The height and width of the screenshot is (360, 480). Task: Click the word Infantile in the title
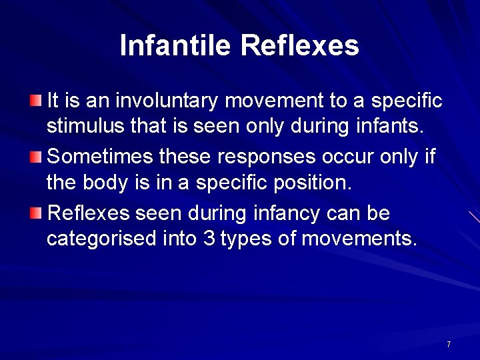pyautogui.click(x=175, y=45)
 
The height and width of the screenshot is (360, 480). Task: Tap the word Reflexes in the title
pyautogui.click(x=299, y=45)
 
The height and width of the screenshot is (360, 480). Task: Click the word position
pyautogui.click(x=311, y=181)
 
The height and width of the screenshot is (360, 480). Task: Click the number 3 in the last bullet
pyautogui.click(x=208, y=238)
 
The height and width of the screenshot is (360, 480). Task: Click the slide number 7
pyautogui.click(x=449, y=345)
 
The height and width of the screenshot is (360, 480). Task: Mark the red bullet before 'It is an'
pyautogui.click(x=35, y=101)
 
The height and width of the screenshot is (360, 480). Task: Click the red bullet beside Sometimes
pyautogui.click(x=35, y=157)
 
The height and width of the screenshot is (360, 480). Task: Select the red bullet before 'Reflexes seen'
pyautogui.click(x=35, y=214)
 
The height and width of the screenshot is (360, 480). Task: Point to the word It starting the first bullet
pyautogui.click(x=53, y=101)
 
